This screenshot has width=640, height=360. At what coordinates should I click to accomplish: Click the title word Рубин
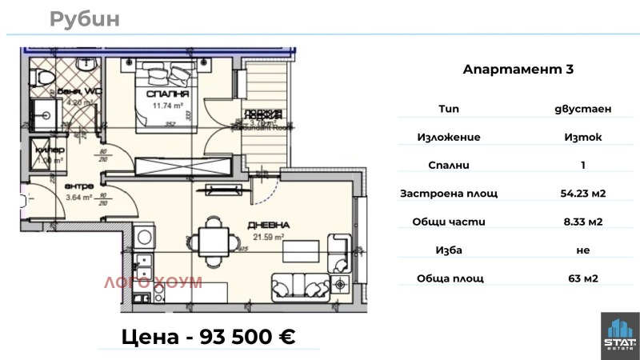84,19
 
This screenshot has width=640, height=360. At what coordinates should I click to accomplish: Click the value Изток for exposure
582,137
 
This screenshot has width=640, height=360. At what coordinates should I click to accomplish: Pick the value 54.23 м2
582,194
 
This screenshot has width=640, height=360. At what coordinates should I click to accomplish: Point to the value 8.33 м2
582,222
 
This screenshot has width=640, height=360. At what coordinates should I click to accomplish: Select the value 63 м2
582,278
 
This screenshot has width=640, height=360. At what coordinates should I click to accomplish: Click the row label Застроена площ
449,194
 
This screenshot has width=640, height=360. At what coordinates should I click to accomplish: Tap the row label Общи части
449,222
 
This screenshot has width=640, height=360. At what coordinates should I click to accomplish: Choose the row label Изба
449,250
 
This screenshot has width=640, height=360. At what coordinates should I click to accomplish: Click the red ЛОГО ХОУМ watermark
151,282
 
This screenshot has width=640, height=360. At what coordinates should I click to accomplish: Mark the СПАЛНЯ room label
161,94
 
